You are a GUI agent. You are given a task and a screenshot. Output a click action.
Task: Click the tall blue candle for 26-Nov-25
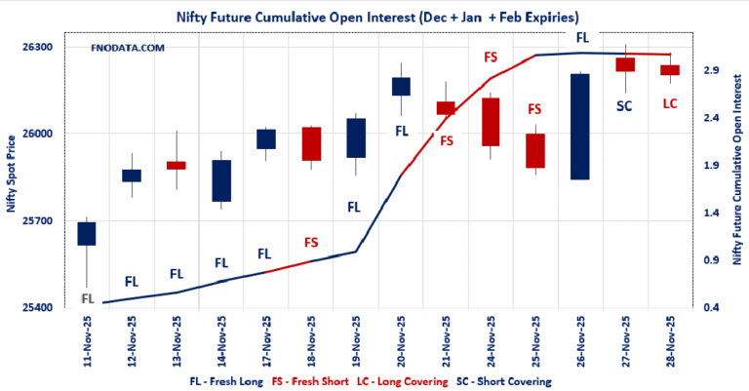point(579,127)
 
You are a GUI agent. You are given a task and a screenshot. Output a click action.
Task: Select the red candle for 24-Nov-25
point(491,122)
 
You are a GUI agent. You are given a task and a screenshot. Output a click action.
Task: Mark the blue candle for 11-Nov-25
point(87,233)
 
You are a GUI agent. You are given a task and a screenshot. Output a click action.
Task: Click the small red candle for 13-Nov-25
point(177,166)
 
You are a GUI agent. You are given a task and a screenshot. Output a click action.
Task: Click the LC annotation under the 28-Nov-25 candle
point(670,102)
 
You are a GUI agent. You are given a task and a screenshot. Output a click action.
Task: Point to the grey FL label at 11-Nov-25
point(87,298)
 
